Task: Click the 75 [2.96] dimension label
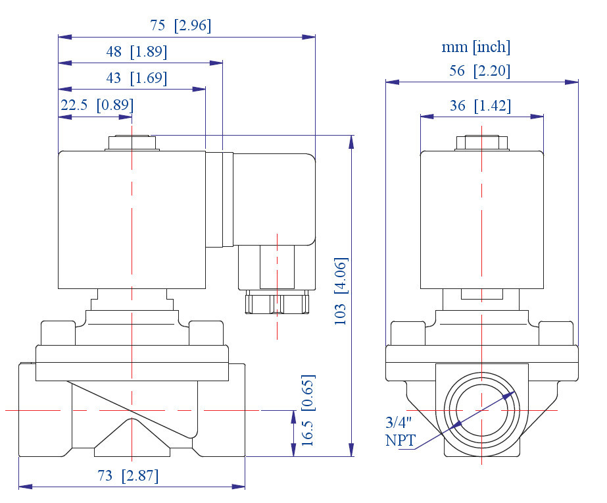(x=180, y=26)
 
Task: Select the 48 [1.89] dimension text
(x=136, y=52)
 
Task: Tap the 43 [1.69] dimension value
(x=136, y=78)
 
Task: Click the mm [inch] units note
(x=475, y=47)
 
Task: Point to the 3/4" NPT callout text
(x=401, y=431)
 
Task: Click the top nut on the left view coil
(x=132, y=143)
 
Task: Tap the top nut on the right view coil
(x=483, y=143)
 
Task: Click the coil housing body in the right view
(x=482, y=221)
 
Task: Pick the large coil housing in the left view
(x=132, y=221)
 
